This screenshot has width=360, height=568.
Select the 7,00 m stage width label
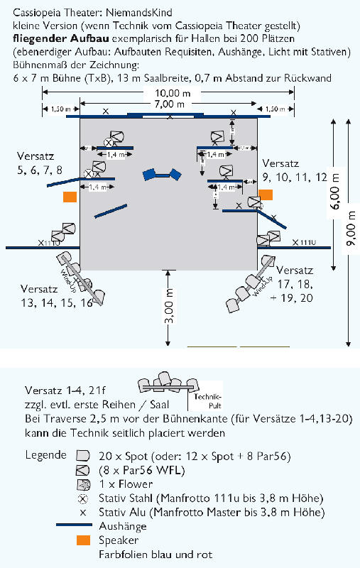(x=168, y=104)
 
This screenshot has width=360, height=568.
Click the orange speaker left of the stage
(x=69, y=197)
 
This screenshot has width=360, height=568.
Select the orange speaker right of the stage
(x=266, y=194)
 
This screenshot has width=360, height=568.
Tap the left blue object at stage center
(x=150, y=173)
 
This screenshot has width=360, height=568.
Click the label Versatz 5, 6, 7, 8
(x=40, y=163)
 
